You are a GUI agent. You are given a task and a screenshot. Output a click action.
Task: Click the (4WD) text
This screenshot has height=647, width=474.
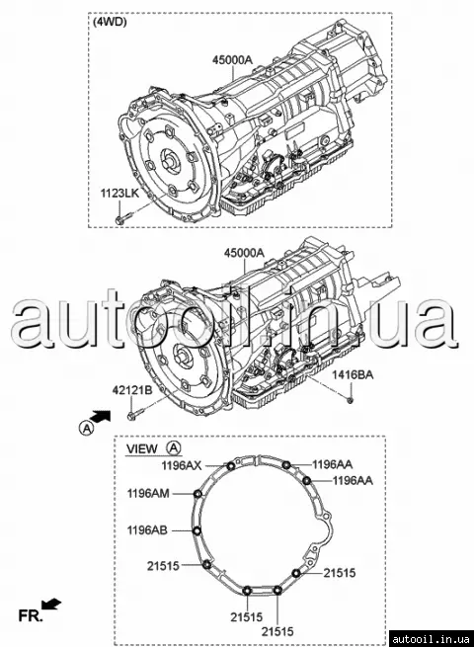tap(110, 22)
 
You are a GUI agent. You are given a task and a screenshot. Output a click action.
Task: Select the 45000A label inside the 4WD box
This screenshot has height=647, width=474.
tap(232, 60)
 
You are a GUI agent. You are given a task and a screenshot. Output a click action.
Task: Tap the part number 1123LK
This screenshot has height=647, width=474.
tap(120, 194)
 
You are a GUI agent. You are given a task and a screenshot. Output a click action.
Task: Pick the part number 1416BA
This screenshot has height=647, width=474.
tap(354, 375)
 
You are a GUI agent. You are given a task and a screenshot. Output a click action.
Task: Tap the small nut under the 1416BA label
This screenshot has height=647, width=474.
tap(351, 399)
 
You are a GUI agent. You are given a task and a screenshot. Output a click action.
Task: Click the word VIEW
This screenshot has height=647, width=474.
tap(142, 448)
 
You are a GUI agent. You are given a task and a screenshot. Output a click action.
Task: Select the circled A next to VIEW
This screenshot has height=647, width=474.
tap(174, 447)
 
